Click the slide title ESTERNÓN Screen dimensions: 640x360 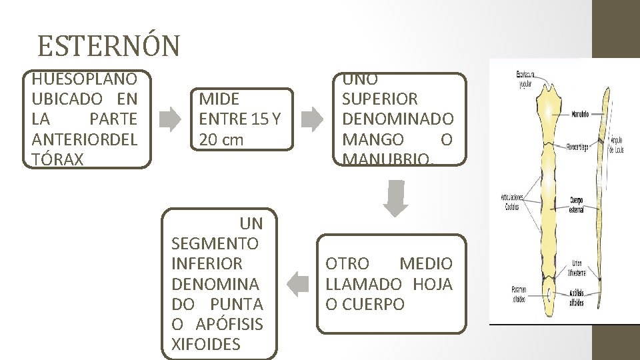[x=109, y=46]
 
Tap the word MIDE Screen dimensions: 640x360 [x=219, y=99]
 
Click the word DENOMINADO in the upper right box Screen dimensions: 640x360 [x=397, y=119]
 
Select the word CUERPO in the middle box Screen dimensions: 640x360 [x=365, y=304]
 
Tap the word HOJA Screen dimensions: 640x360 [x=432, y=284]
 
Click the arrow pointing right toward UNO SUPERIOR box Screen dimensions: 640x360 [x=309, y=119]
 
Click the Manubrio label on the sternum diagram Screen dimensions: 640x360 [x=579, y=114]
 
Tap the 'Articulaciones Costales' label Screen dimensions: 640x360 [x=513, y=201]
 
